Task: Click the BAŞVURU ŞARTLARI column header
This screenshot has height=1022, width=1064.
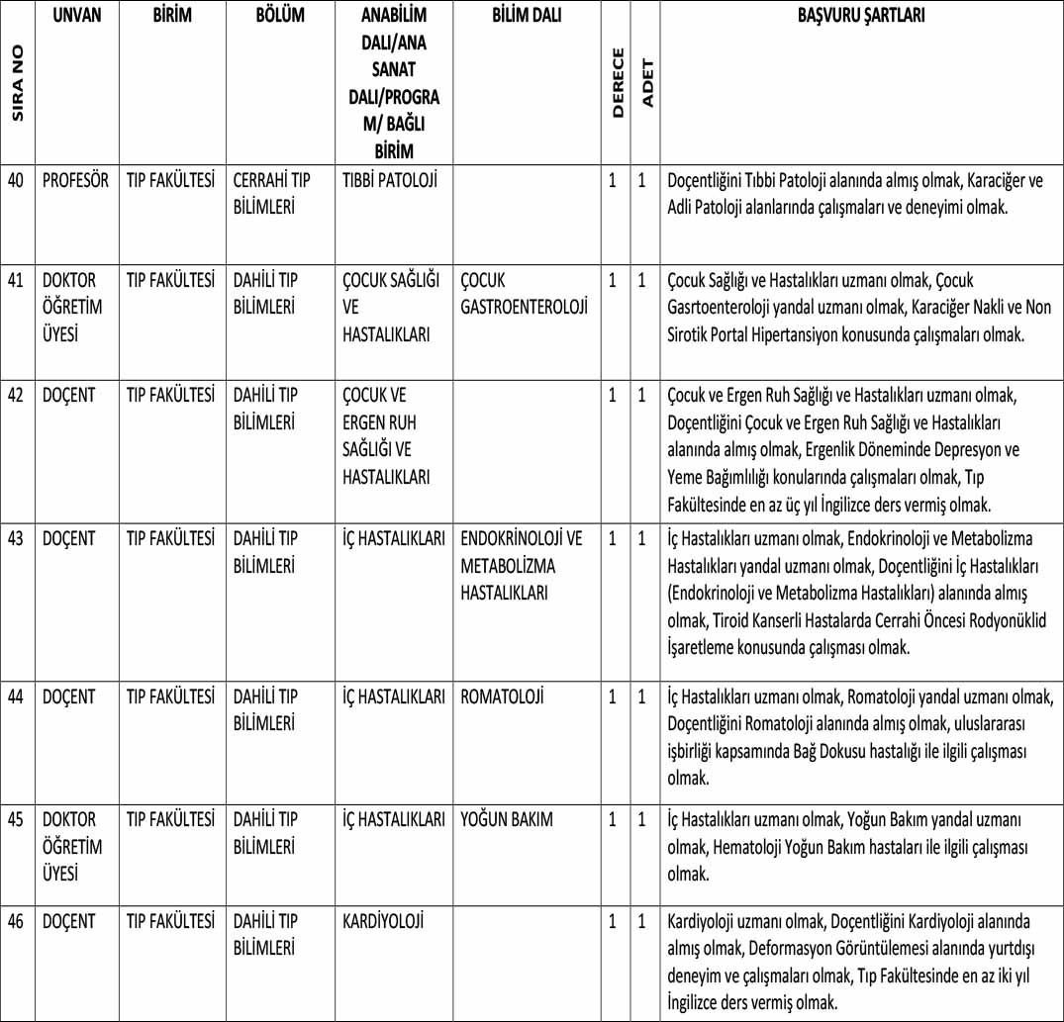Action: pos(861,17)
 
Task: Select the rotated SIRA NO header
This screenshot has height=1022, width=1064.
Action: pos(18,84)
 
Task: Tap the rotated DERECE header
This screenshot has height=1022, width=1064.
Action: pos(617,83)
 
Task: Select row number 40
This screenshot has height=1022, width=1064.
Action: pos(17,181)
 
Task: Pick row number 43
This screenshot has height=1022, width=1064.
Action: pos(17,539)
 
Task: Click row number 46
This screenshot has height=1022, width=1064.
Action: pos(17,921)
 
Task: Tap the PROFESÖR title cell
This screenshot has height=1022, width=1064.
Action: pos(76,181)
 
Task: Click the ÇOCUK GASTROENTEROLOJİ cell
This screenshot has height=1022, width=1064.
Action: pos(524,294)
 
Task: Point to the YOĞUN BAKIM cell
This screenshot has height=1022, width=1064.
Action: pos(507,819)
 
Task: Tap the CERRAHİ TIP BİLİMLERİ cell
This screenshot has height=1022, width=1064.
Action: pos(272,194)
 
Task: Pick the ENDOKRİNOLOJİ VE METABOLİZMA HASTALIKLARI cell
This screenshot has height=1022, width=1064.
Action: pos(522,566)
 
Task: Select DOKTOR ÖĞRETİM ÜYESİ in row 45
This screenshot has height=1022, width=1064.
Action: pos(73,847)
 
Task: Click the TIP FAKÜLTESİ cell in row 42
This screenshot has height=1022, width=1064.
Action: pos(170,395)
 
